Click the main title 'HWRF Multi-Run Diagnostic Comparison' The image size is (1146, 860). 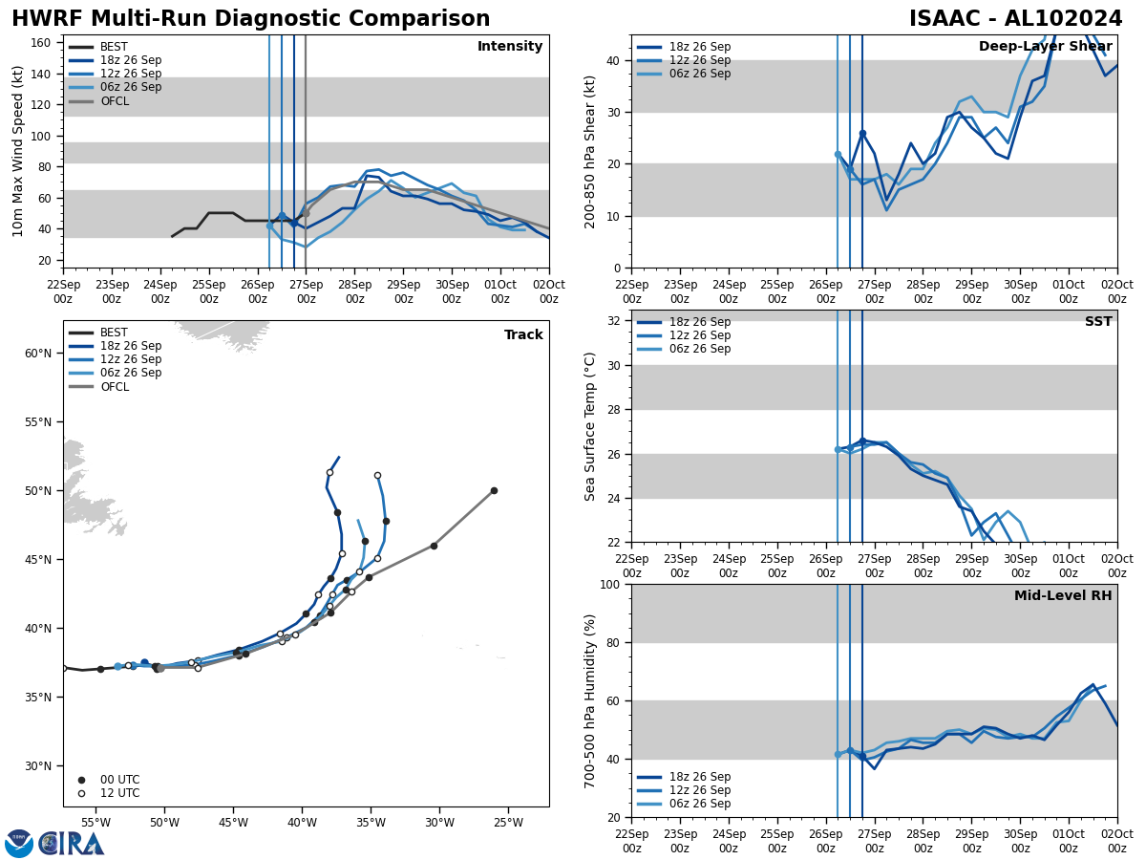tap(250, 19)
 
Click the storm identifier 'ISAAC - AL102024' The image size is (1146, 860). tap(1015, 19)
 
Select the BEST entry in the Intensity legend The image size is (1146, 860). tap(114, 47)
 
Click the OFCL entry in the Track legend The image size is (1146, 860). tap(114, 387)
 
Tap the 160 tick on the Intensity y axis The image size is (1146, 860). tap(43, 43)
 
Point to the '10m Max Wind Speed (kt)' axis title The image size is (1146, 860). tap(19, 151)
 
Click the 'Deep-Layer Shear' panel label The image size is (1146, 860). tap(1045, 47)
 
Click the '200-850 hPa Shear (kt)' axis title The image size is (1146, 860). tap(591, 151)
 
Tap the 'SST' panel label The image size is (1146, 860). tap(1098, 322)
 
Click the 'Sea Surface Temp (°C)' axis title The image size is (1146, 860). tap(591, 426)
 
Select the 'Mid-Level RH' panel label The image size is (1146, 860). tap(1063, 596)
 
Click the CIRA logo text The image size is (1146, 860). tap(71, 844)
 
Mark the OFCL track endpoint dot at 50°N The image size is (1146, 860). tap(494, 490)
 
